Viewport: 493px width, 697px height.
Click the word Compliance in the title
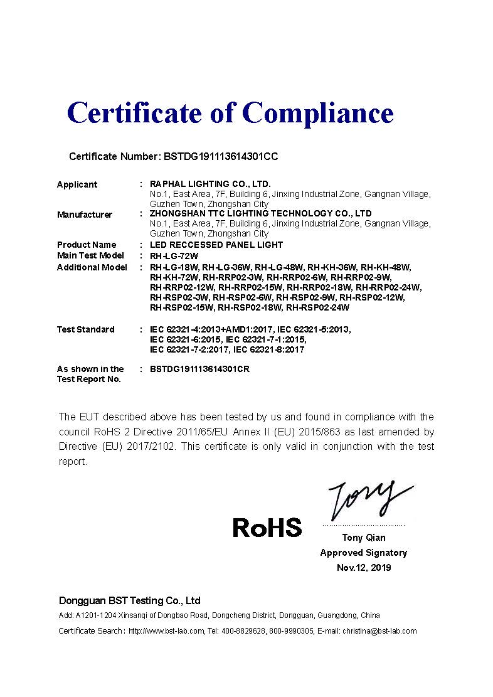(x=318, y=114)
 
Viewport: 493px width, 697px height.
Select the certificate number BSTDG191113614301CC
(x=220, y=157)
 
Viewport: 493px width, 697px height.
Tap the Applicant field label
(x=77, y=184)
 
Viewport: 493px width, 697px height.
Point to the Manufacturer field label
(x=85, y=215)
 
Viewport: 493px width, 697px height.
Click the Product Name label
(x=87, y=245)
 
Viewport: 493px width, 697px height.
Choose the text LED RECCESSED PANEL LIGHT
(x=216, y=245)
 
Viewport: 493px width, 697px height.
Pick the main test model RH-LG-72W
(x=174, y=256)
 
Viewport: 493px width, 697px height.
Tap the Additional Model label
(x=92, y=267)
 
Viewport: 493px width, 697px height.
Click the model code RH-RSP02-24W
(x=317, y=308)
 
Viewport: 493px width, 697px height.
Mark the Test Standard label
(x=86, y=329)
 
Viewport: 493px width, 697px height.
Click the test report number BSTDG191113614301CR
(x=199, y=369)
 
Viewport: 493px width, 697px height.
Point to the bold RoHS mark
(x=267, y=528)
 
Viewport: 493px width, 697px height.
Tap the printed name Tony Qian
(x=364, y=538)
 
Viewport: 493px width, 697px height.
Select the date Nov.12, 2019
(x=364, y=568)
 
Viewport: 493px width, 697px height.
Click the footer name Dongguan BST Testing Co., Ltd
(x=130, y=600)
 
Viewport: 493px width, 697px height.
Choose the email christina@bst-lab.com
(x=379, y=631)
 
